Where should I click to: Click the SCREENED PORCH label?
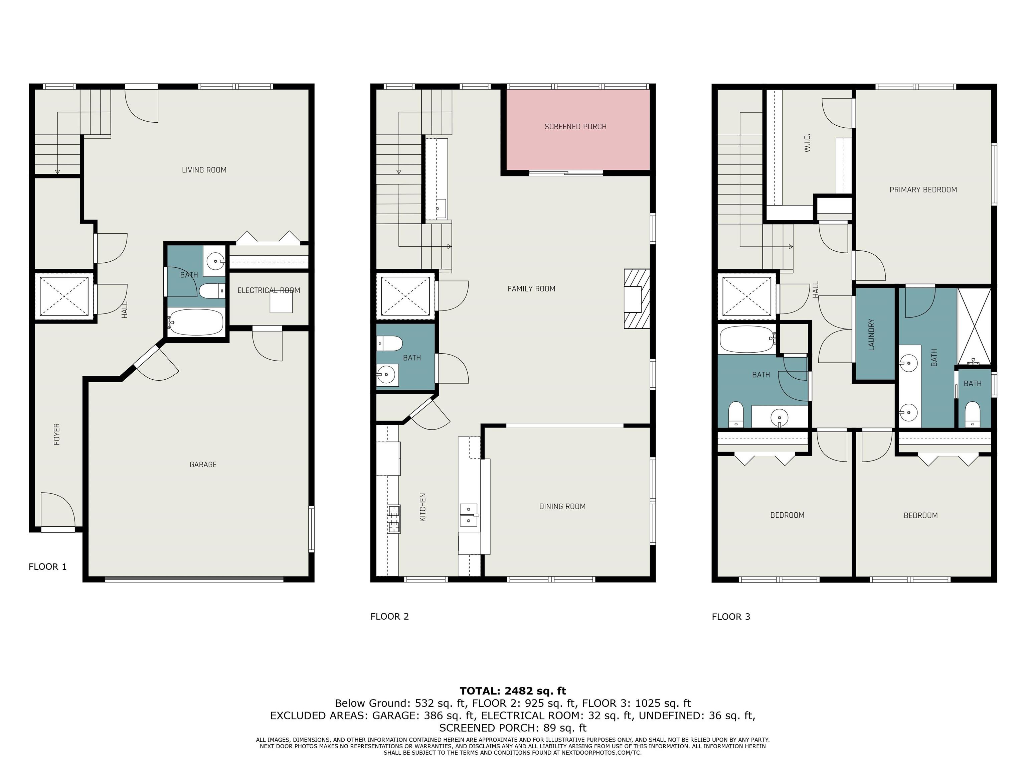[x=575, y=127]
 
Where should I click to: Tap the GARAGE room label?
[x=203, y=465]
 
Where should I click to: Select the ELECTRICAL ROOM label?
[x=269, y=290]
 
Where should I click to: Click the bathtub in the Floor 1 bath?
[x=196, y=322]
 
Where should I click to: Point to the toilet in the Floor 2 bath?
[x=389, y=344]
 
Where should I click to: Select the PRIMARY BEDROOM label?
[x=923, y=190]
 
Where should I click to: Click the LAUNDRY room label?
[x=871, y=334]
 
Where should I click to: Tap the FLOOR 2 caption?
[x=390, y=616]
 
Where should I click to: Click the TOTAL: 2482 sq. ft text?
[x=513, y=691]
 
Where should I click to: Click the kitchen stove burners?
[x=394, y=519]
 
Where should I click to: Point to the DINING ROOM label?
[x=562, y=506]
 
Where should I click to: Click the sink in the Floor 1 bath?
[x=215, y=261]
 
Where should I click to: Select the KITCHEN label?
[x=422, y=507]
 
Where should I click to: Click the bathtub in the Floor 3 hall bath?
[x=747, y=339]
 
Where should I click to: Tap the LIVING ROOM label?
[x=204, y=170]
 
